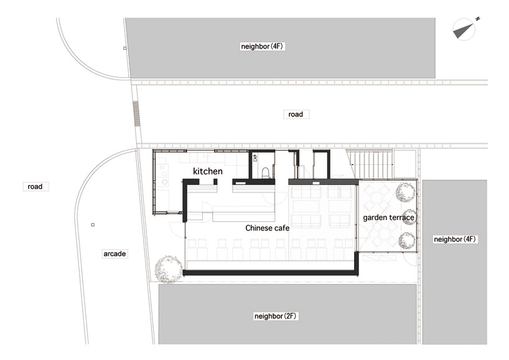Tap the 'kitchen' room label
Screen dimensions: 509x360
click(208, 171)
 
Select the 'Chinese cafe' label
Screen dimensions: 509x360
click(267, 228)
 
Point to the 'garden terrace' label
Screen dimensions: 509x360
click(388, 217)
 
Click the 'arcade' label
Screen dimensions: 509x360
click(114, 253)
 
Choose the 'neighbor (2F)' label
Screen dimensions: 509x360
click(275, 316)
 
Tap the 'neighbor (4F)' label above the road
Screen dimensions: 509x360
click(262, 47)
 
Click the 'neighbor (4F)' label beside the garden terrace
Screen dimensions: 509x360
click(455, 239)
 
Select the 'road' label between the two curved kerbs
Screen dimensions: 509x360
click(35, 186)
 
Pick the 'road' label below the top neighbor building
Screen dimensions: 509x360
click(296, 115)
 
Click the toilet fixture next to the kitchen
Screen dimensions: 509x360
click(265, 173)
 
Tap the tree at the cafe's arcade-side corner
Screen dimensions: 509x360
click(168, 269)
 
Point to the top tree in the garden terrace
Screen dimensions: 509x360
click(405, 192)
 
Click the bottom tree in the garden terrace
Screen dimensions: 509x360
click(407, 241)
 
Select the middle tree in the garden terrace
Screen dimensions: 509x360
click(408, 217)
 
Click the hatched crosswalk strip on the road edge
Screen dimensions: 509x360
click(137, 114)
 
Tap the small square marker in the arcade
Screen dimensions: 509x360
click(93, 224)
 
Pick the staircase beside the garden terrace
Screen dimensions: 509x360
click(370, 164)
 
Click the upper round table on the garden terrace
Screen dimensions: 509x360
click(376, 198)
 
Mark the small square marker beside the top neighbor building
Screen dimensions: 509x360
click(124, 48)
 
